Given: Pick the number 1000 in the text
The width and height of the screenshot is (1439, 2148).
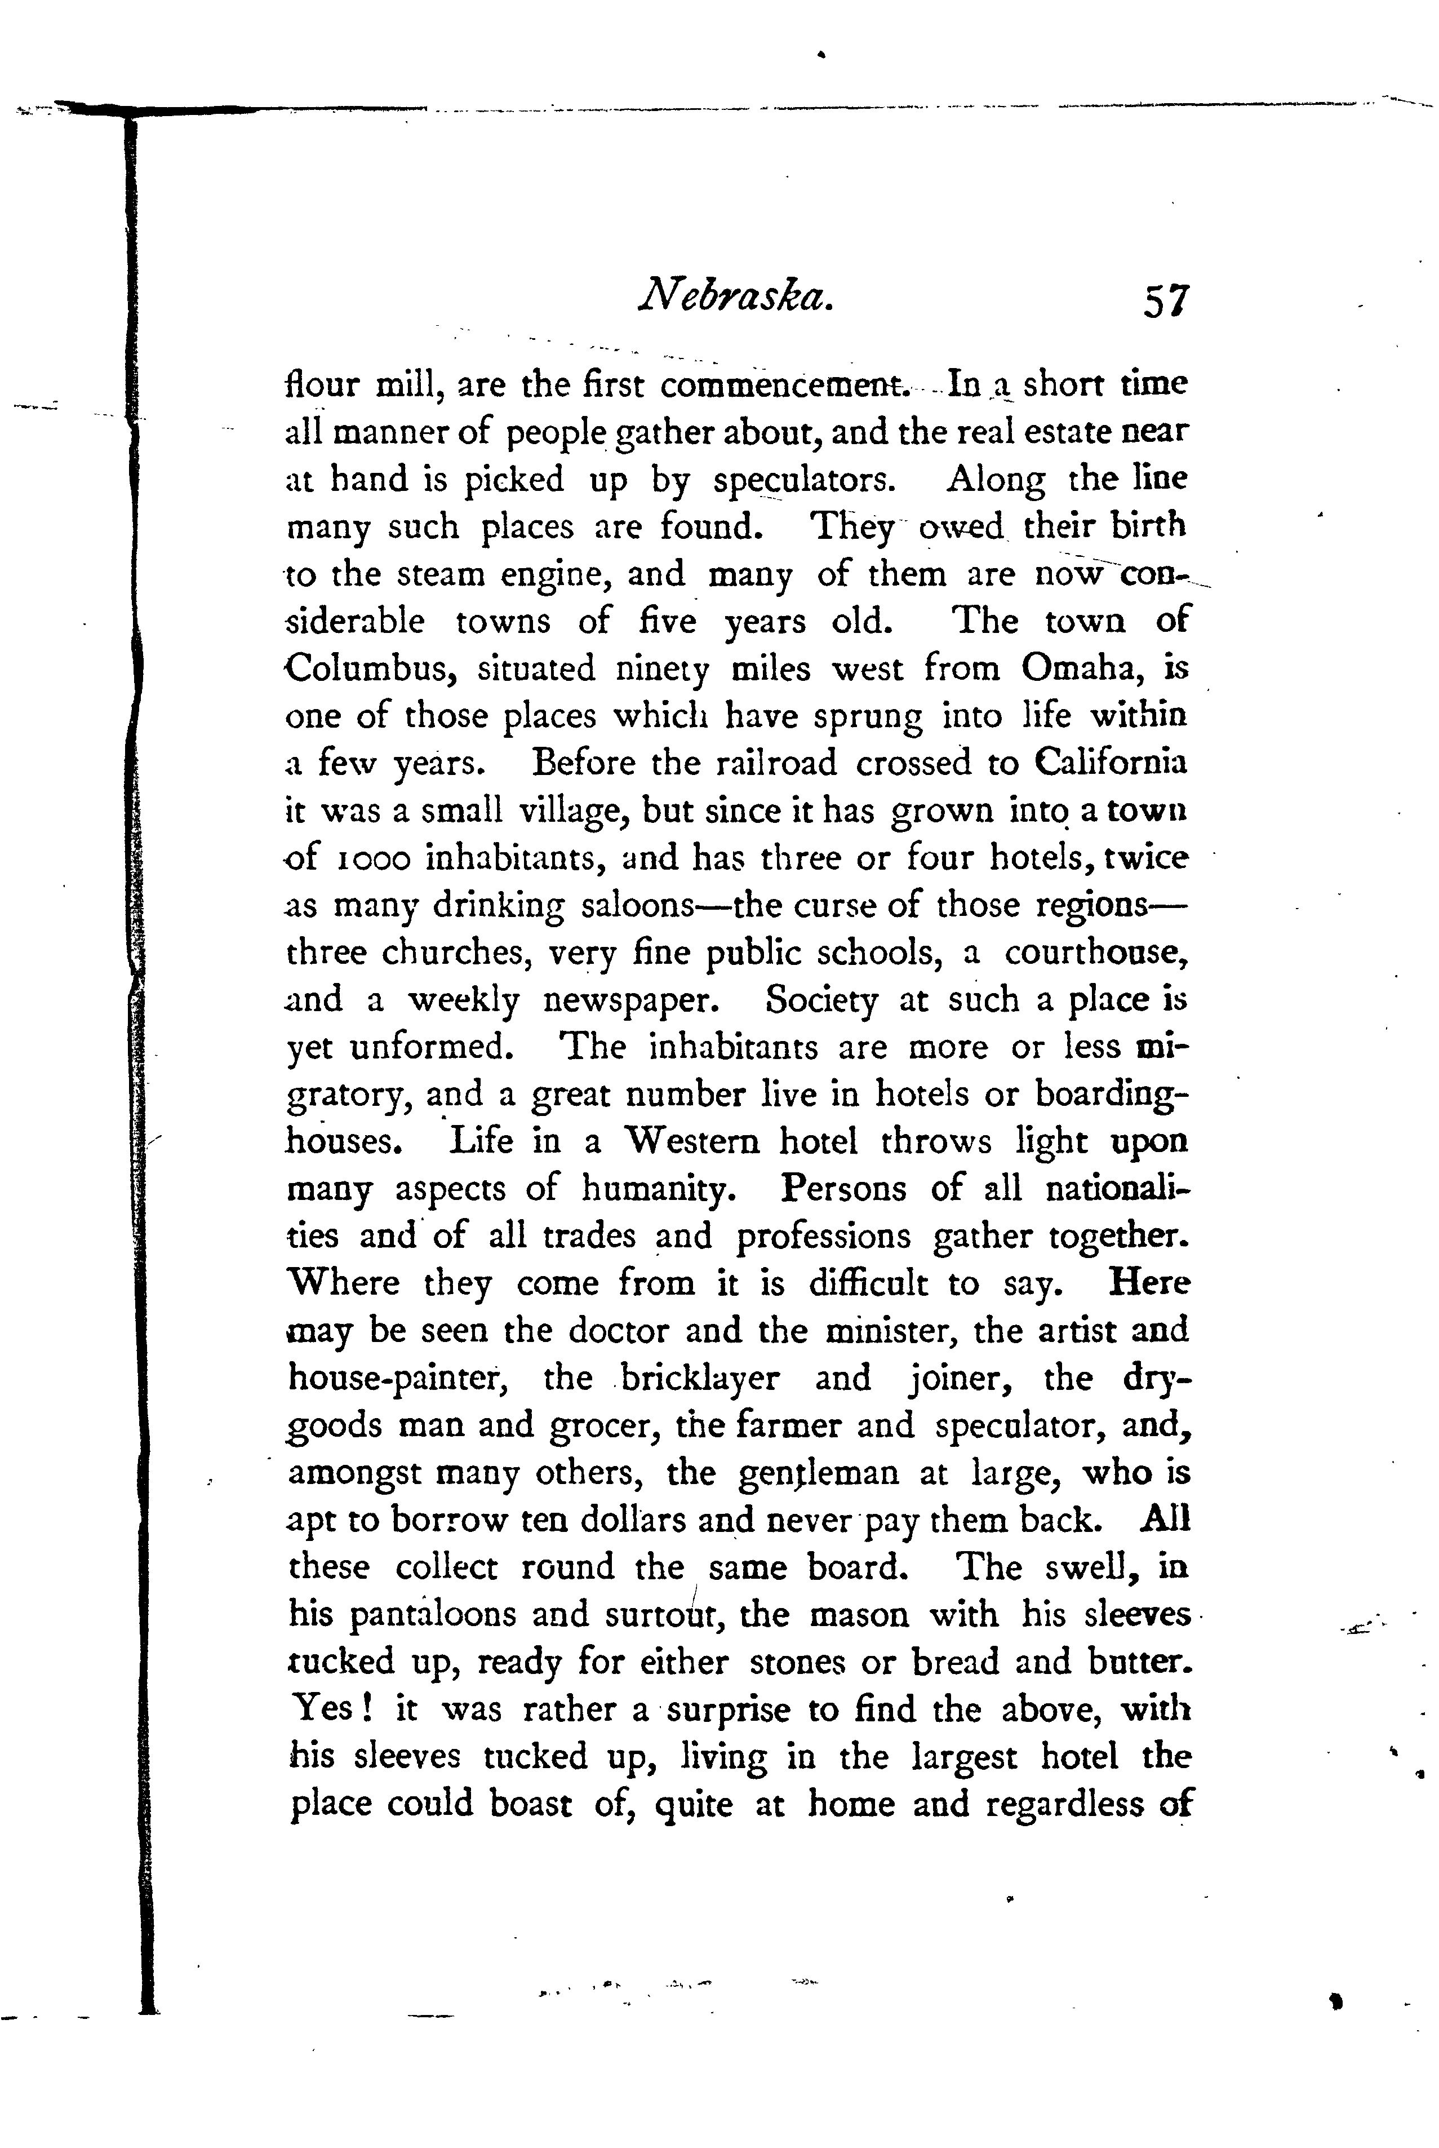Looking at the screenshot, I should coord(372,859).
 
